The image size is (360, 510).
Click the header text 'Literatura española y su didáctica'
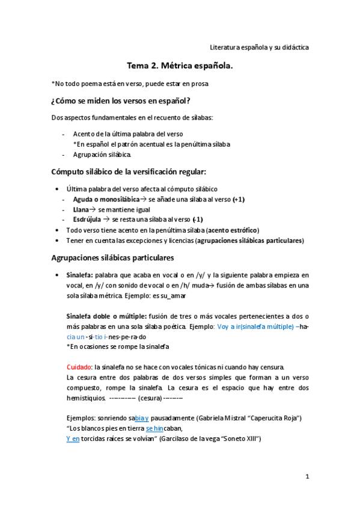click(x=259, y=46)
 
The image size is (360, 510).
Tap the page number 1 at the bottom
click(x=307, y=476)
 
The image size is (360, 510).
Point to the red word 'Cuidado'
click(x=79, y=367)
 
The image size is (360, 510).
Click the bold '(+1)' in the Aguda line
click(x=237, y=199)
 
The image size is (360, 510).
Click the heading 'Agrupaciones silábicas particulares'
click(x=113, y=258)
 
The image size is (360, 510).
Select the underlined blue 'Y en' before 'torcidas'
click(x=73, y=439)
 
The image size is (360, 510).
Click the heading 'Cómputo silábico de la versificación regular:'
click(x=129, y=171)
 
